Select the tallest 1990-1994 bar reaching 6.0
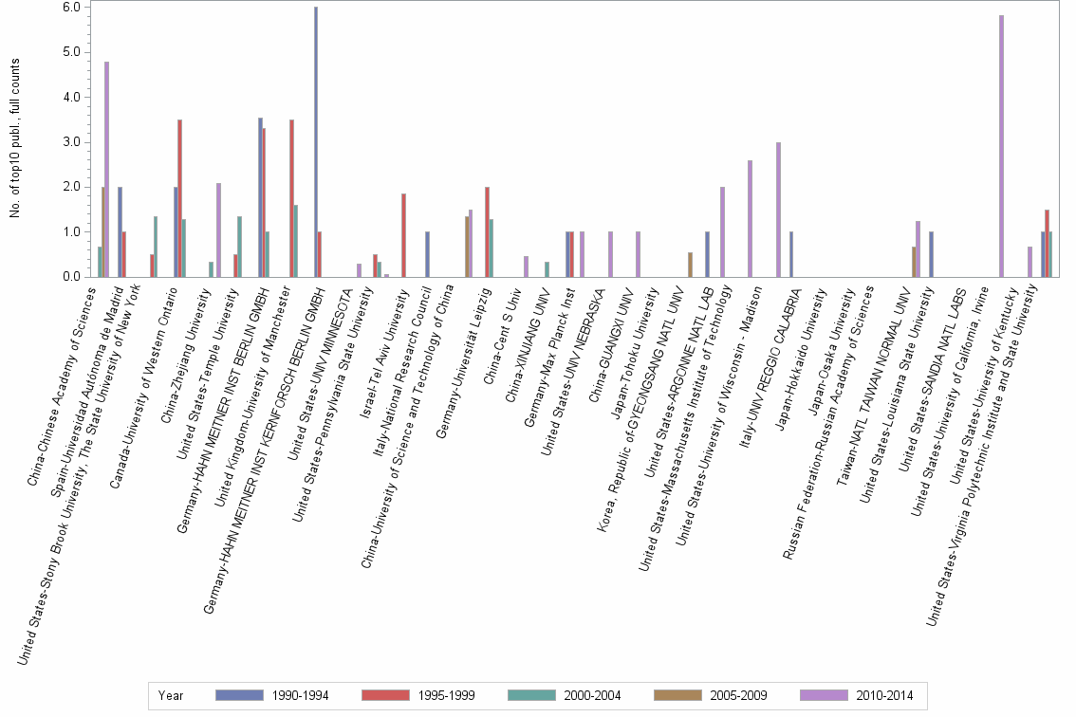316,142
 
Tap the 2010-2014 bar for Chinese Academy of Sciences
107,170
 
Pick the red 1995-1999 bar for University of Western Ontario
179,198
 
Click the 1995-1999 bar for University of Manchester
291,198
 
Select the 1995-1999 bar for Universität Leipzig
487,232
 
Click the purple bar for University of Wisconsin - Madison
778,210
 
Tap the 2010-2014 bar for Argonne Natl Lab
722,232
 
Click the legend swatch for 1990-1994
240,695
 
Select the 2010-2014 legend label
885,695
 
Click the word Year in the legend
171,695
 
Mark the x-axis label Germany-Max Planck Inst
541,341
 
